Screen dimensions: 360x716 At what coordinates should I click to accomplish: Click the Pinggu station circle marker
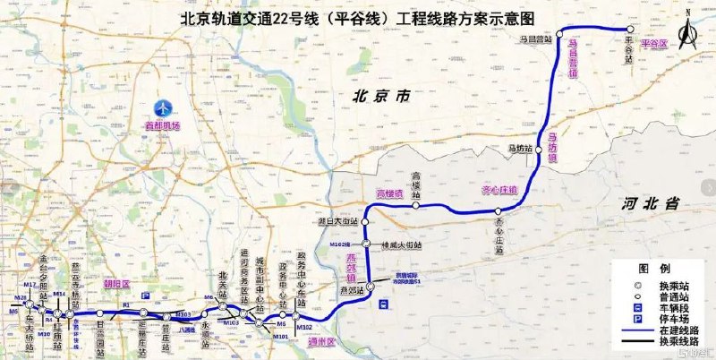pyautogui.click(x=631, y=30)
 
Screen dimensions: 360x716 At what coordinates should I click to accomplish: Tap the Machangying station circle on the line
pyautogui.click(x=560, y=34)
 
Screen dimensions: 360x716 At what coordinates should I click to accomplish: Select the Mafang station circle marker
pyautogui.click(x=539, y=151)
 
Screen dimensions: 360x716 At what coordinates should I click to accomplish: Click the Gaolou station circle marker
pyautogui.click(x=416, y=207)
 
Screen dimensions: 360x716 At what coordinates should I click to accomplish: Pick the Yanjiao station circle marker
pyautogui.click(x=370, y=287)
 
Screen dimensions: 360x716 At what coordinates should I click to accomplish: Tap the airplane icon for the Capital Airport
pyautogui.click(x=163, y=107)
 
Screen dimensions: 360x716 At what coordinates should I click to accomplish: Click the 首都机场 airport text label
pyautogui.click(x=163, y=126)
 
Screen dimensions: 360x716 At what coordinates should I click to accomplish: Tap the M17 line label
pyautogui.click(x=30, y=285)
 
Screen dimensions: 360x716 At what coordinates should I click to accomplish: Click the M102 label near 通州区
pyautogui.click(x=304, y=328)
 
